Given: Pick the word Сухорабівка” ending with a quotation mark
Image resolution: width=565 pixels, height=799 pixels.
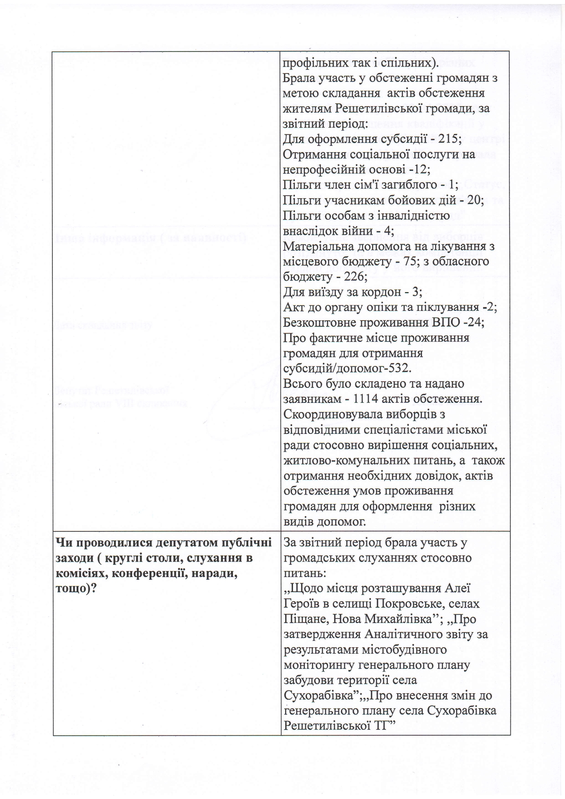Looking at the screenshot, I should (x=318, y=696).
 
